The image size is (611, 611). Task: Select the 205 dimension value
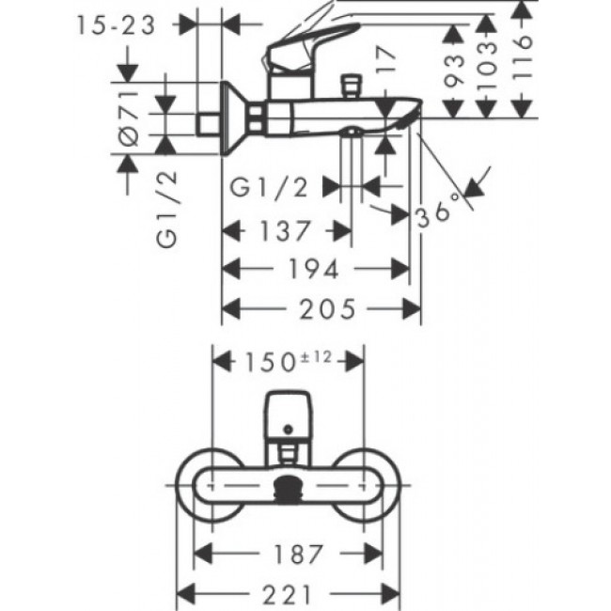point(323,309)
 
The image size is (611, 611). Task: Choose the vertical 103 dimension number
point(486,62)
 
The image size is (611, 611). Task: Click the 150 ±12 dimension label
point(290,361)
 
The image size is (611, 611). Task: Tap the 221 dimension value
point(290,593)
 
